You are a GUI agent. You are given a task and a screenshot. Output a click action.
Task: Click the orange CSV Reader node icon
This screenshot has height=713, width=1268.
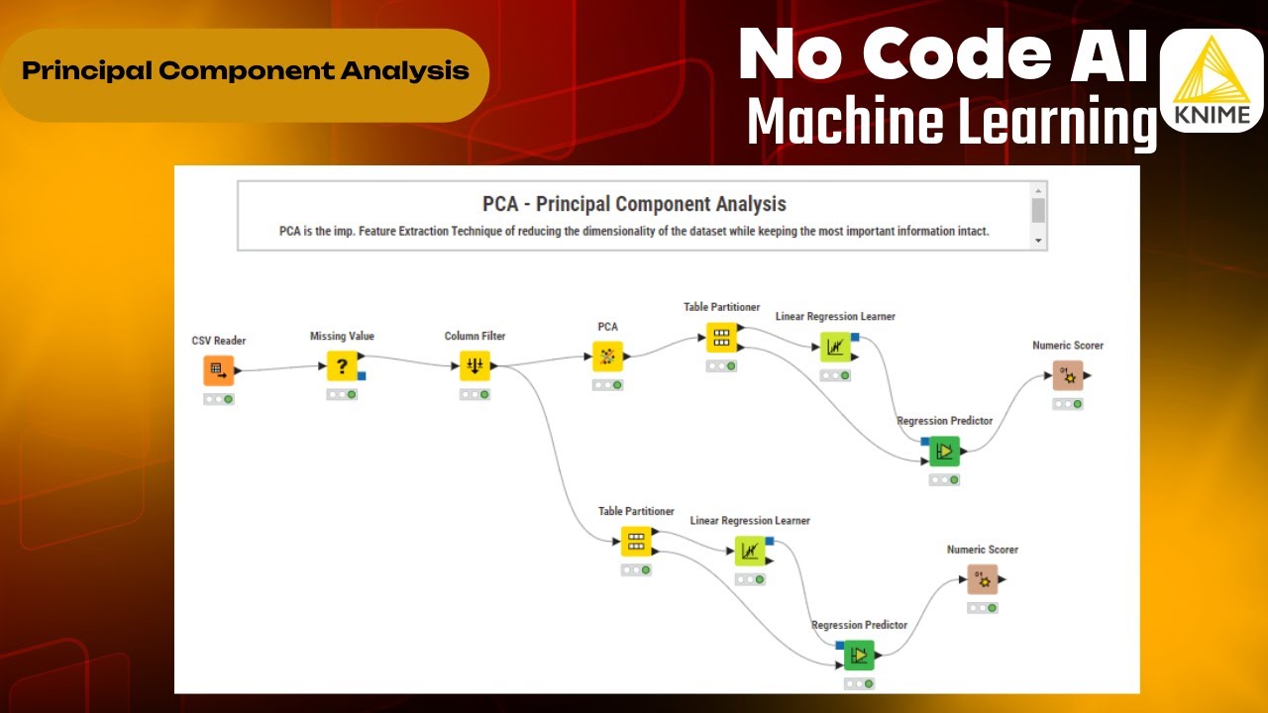point(219,370)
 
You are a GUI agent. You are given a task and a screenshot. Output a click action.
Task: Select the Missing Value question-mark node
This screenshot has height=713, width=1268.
point(342,366)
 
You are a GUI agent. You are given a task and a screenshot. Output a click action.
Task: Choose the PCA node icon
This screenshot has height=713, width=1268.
point(607,356)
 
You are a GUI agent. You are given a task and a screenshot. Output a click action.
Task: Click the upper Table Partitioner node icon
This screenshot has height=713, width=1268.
point(721,338)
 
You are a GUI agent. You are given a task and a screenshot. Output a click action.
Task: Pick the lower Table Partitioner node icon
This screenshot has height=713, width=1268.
point(636,542)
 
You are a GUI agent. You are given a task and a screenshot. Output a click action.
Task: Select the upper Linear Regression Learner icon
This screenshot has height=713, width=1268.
point(834,348)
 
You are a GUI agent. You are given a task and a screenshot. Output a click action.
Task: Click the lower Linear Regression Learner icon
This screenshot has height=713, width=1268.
point(749,551)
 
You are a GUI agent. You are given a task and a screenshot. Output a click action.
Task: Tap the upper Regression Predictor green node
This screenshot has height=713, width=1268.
point(944,452)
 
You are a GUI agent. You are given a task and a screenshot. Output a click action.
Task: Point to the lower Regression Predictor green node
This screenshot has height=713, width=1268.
point(859,656)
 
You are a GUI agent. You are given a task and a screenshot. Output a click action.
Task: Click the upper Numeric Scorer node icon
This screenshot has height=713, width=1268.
point(1068,376)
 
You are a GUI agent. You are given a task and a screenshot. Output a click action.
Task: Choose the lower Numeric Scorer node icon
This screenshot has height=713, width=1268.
point(983,579)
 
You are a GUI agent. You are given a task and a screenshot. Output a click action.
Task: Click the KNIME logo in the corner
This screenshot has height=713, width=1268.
point(1210,81)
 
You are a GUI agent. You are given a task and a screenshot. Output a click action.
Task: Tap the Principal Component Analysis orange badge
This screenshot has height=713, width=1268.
point(245,72)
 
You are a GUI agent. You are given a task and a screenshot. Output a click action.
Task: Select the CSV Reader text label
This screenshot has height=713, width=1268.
point(219,341)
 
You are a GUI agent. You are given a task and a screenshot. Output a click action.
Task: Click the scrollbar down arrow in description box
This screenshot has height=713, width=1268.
point(1038,241)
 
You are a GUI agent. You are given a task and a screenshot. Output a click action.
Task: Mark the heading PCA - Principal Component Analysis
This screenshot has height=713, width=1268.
point(634,204)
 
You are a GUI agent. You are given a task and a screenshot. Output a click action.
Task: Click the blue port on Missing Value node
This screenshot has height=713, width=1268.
point(362,375)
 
